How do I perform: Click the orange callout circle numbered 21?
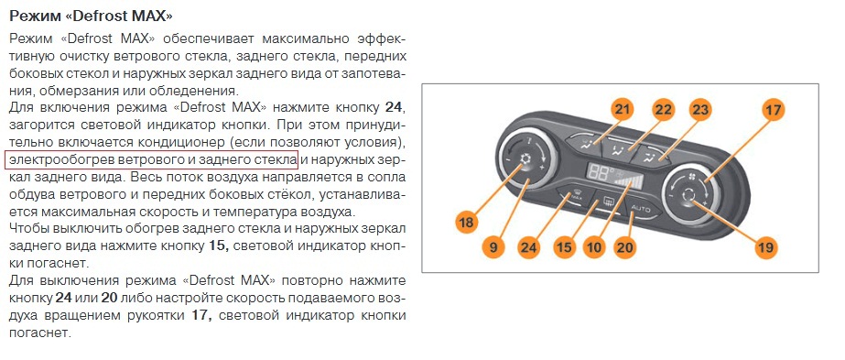(x=622, y=109)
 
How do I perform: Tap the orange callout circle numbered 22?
(x=662, y=109)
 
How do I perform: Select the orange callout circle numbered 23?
(x=700, y=109)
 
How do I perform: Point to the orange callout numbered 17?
(x=774, y=110)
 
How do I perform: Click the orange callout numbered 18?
(x=466, y=222)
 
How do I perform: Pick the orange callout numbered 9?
(x=494, y=247)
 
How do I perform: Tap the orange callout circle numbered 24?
(x=528, y=247)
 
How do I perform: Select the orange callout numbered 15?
(x=564, y=247)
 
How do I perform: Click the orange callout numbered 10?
(x=594, y=247)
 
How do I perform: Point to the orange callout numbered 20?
(x=625, y=247)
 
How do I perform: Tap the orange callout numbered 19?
(x=765, y=247)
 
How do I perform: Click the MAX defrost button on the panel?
(x=577, y=200)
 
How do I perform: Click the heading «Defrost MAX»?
(x=92, y=16)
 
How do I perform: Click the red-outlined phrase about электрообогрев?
(x=151, y=160)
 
